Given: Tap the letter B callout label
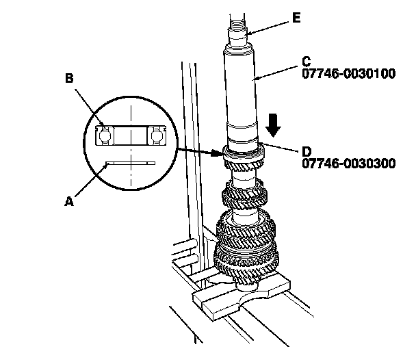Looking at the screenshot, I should pyautogui.click(x=69, y=79).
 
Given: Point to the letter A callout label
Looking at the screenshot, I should pyautogui.click(x=68, y=201).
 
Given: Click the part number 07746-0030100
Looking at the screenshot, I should pyautogui.click(x=348, y=74).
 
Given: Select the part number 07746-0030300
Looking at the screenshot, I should pyautogui.click(x=348, y=164).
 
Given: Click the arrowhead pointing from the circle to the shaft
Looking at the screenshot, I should pyautogui.click(x=217, y=151).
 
